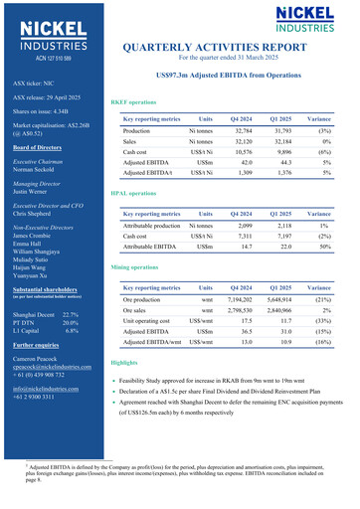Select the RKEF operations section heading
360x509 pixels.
click(133, 102)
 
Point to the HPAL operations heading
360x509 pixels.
click(133, 192)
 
